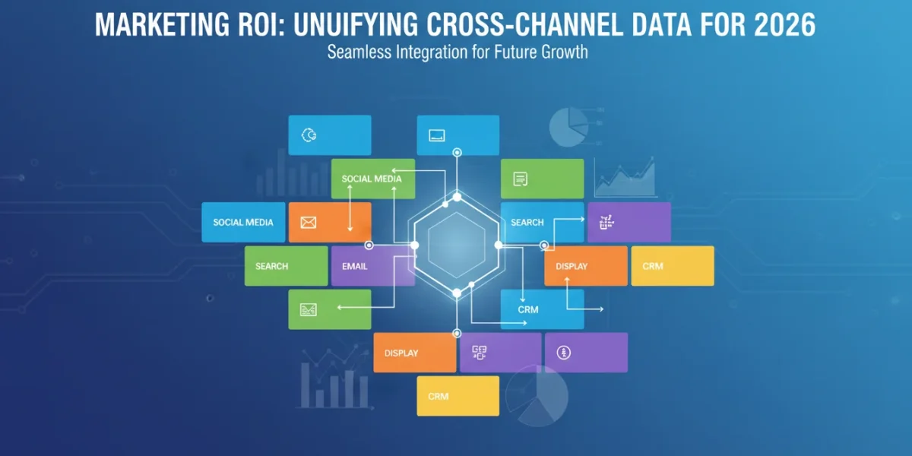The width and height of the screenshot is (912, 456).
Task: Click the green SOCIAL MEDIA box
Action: pyautogui.click(x=373, y=179)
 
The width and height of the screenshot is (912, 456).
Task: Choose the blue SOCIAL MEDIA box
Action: pyautogui.click(x=243, y=222)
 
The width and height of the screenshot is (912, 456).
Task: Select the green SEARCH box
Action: pyautogui.click(x=287, y=266)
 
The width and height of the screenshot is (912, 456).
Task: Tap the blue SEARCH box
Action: pyautogui.click(x=543, y=222)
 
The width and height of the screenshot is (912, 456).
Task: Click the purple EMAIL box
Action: pyautogui.click(x=373, y=266)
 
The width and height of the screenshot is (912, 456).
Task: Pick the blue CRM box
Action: pyautogui.click(x=543, y=309)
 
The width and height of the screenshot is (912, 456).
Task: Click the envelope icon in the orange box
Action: pyautogui.click(x=309, y=222)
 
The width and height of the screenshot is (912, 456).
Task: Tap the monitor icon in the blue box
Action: pyautogui.click(x=437, y=135)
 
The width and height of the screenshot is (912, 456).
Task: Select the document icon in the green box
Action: pyautogui.click(x=521, y=179)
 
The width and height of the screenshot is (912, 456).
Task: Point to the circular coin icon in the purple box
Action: pyautogui.click(x=563, y=353)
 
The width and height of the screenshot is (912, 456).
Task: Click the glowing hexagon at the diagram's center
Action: pyautogui.click(x=457, y=245)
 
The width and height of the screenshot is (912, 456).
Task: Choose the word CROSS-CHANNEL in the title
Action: pyautogui.click(x=524, y=25)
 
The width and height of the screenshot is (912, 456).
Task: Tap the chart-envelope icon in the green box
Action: pyautogui.click(x=309, y=310)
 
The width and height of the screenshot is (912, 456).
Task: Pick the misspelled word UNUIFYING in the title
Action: pyautogui.click(x=356, y=25)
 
